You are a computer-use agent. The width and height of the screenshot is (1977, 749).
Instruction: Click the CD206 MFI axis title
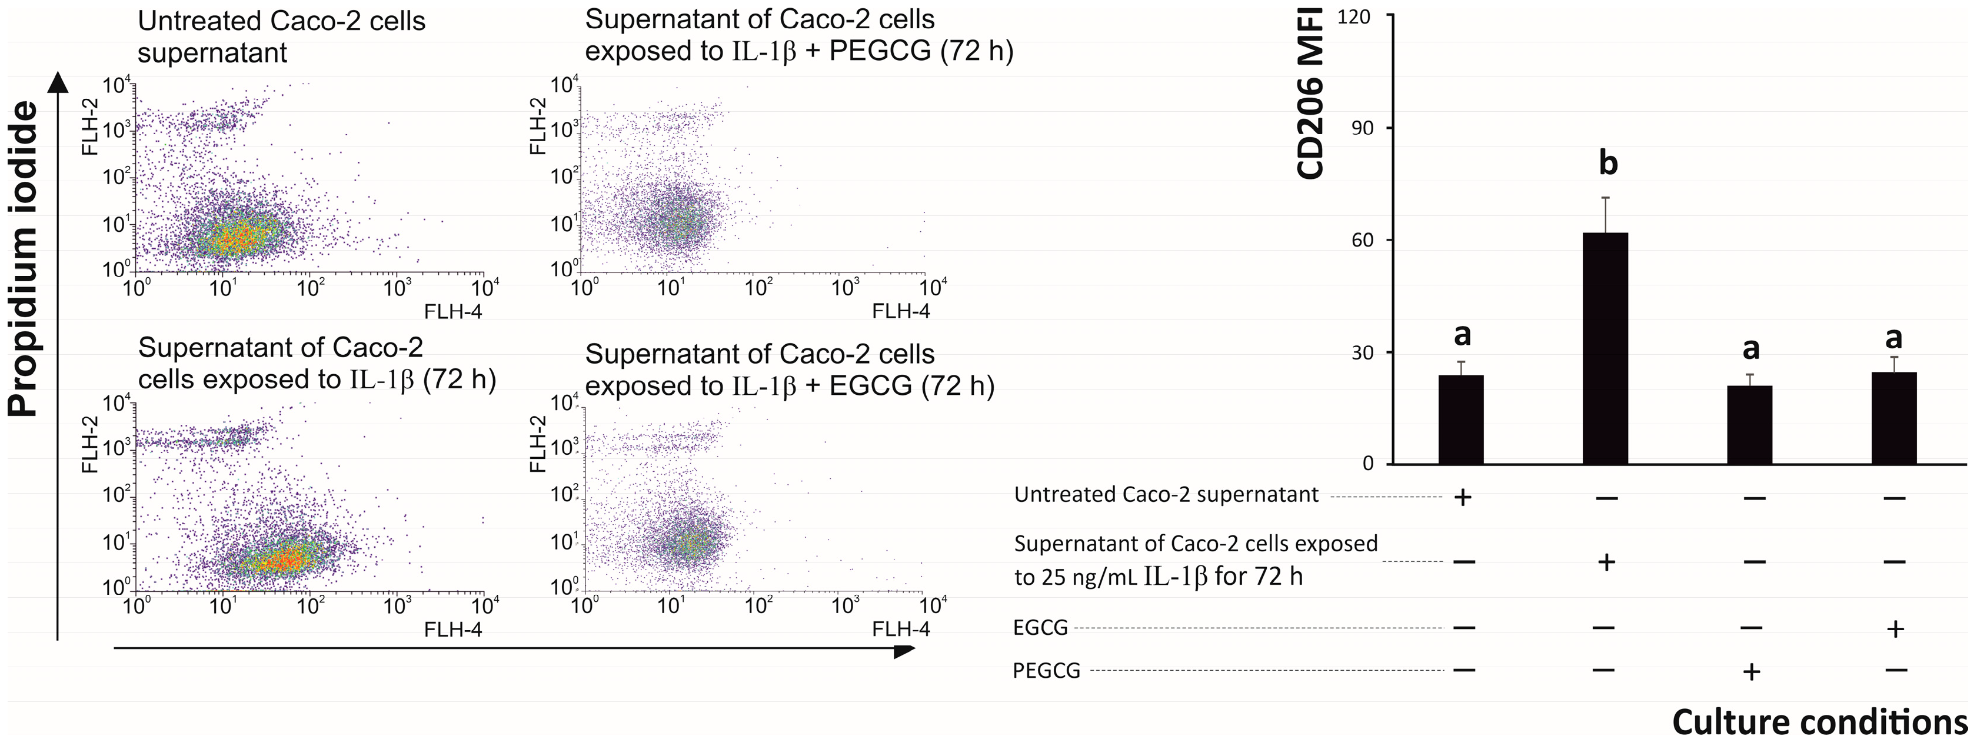click(x=1311, y=92)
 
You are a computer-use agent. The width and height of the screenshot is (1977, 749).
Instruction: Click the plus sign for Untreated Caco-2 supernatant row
click(x=1462, y=497)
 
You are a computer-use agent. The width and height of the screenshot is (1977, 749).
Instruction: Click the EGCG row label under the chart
click(x=1040, y=628)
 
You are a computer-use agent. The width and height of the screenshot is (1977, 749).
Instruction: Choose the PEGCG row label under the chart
click(x=1046, y=671)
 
